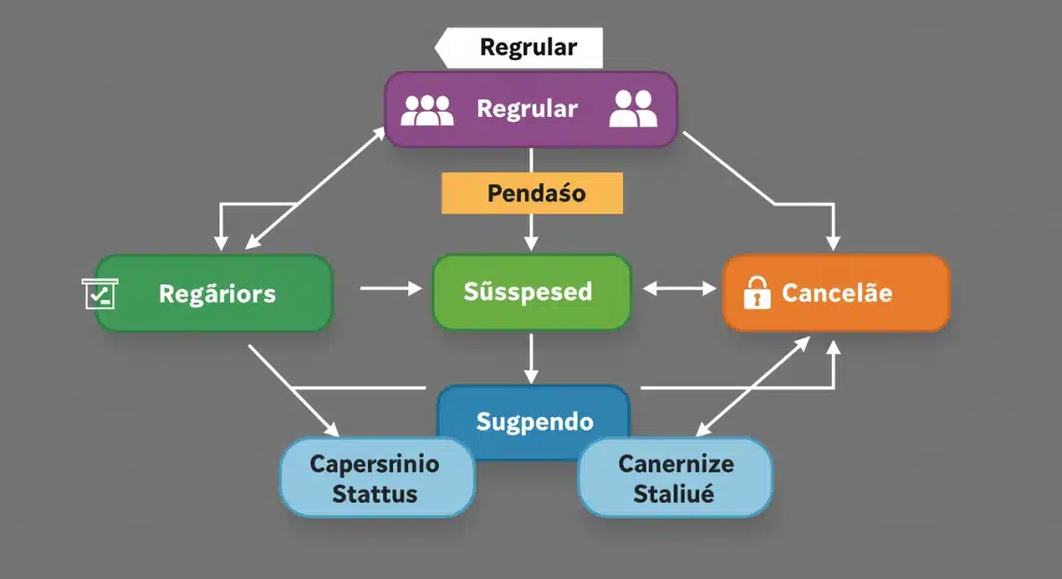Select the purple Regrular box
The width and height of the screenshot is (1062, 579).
pos(529,109)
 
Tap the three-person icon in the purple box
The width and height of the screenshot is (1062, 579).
pos(427,109)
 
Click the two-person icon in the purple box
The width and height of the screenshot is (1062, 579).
pos(633,109)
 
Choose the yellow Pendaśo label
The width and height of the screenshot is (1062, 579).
pos(532,193)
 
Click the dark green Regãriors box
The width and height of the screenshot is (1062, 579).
pos(217,293)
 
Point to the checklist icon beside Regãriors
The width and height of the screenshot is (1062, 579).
pos(99,293)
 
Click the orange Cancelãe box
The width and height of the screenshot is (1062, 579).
pos(836,293)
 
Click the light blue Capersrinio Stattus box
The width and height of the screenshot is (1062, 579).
pos(377,478)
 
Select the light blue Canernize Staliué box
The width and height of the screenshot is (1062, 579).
pos(674,478)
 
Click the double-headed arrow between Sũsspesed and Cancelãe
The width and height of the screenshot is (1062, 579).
pos(680,288)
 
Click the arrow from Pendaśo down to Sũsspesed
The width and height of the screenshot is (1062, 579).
pos(531,232)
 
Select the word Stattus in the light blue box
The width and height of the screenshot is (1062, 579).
pos(374,494)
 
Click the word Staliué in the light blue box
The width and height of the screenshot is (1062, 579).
pos(673,494)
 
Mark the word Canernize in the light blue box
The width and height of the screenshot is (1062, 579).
pos(675,464)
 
